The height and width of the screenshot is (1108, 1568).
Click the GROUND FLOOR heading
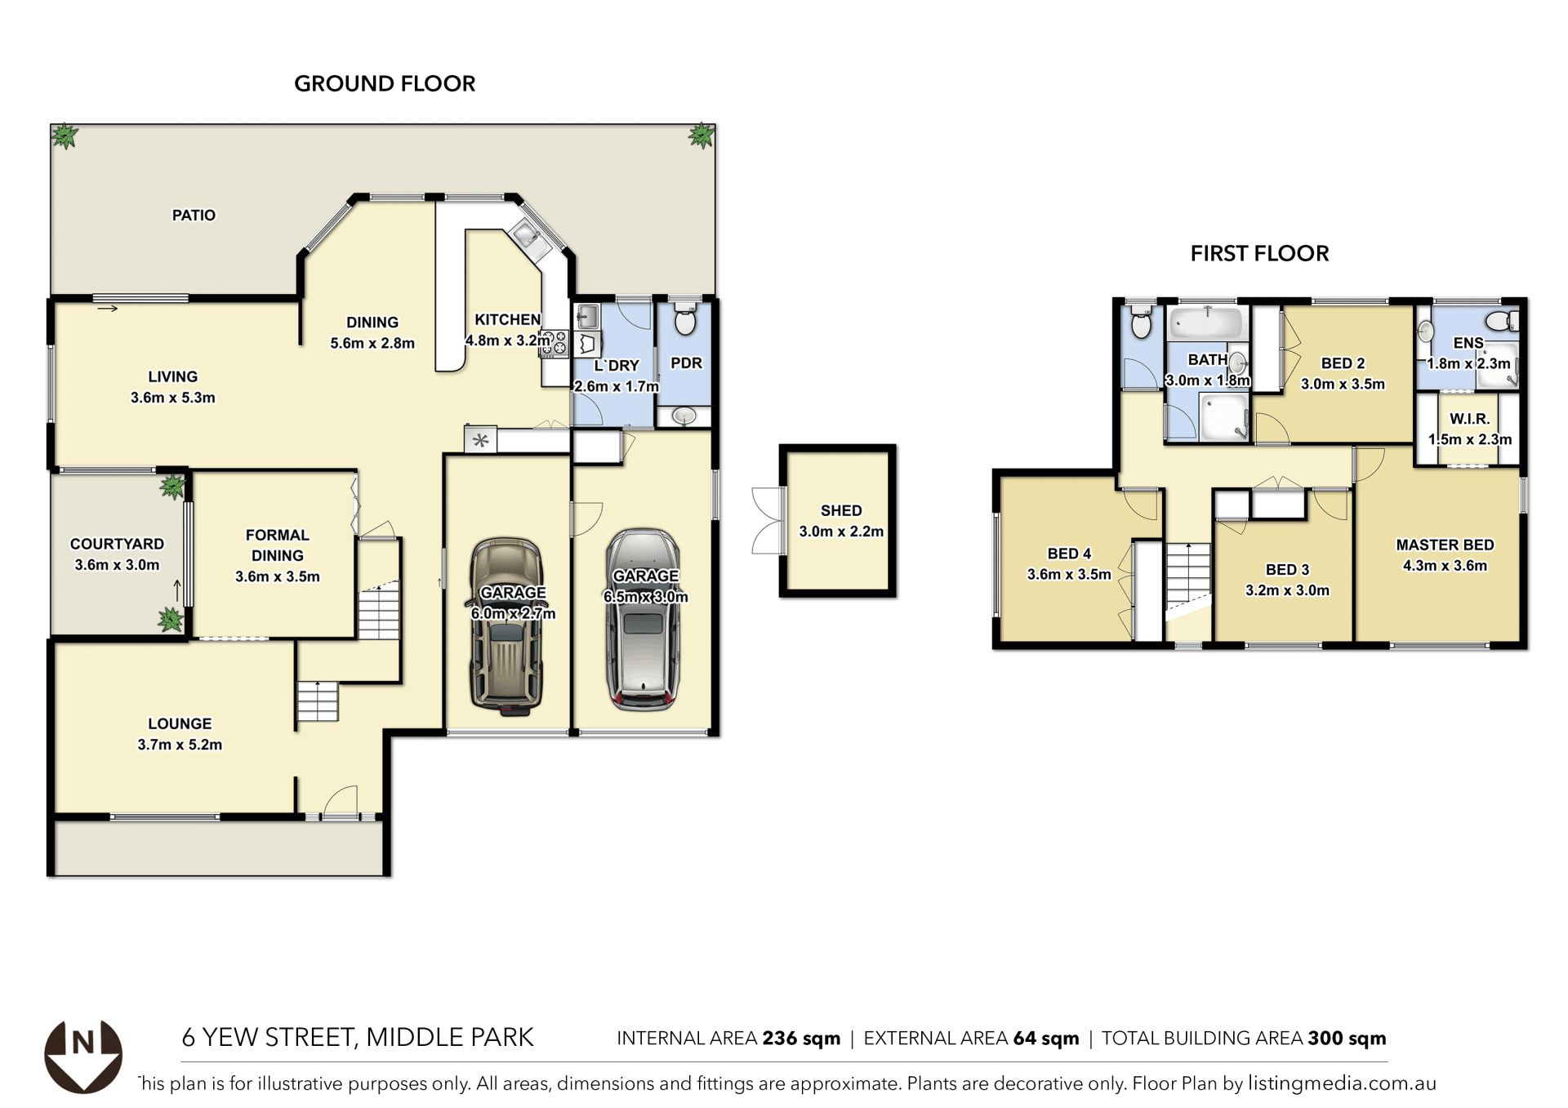click(385, 83)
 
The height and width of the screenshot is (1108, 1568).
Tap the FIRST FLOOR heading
click(1259, 253)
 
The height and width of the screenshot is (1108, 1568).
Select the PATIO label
click(194, 216)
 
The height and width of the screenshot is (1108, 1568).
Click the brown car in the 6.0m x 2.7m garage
click(506, 626)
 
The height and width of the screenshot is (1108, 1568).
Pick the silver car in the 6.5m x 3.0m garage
click(644, 619)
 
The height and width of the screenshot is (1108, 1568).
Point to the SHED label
click(841, 510)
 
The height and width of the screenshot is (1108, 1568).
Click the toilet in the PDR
click(686, 319)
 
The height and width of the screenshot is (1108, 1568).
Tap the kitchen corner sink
click(527, 237)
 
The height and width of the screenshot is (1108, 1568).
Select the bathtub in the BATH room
click(1206, 323)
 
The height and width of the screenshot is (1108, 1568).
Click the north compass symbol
click(83, 1057)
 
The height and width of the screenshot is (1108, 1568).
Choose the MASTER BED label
click(1445, 545)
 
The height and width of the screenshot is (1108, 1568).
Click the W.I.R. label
click(1469, 419)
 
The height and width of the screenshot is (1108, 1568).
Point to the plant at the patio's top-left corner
click(65, 136)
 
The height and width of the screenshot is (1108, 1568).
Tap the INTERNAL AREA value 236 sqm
click(801, 1039)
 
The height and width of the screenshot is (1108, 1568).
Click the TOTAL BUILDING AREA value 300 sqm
click(1347, 1039)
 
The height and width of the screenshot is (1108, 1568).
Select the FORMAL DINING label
click(278, 545)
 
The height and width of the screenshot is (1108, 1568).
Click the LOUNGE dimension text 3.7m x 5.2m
click(180, 745)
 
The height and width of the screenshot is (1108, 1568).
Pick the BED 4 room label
click(1069, 554)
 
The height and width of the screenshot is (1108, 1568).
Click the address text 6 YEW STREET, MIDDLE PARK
click(358, 1037)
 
